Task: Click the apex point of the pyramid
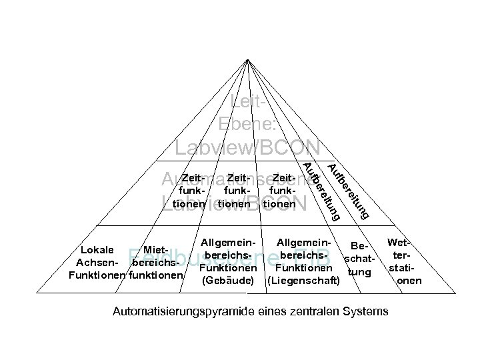click(247, 59)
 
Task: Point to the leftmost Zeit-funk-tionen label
click(191, 191)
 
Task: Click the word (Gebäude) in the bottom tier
click(227, 281)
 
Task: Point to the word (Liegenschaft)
click(303, 281)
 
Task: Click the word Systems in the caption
click(367, 311)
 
